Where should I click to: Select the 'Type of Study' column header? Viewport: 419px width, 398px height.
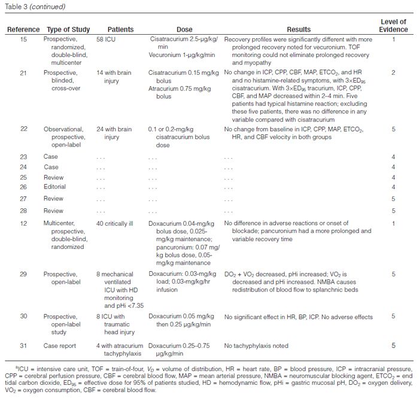65,30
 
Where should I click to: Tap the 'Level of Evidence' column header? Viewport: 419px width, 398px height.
393,26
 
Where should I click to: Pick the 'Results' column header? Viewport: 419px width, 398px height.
299,30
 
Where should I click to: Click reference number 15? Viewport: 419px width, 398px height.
23,40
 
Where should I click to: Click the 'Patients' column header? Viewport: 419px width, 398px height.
120,30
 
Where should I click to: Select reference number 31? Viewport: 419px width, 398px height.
23,346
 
